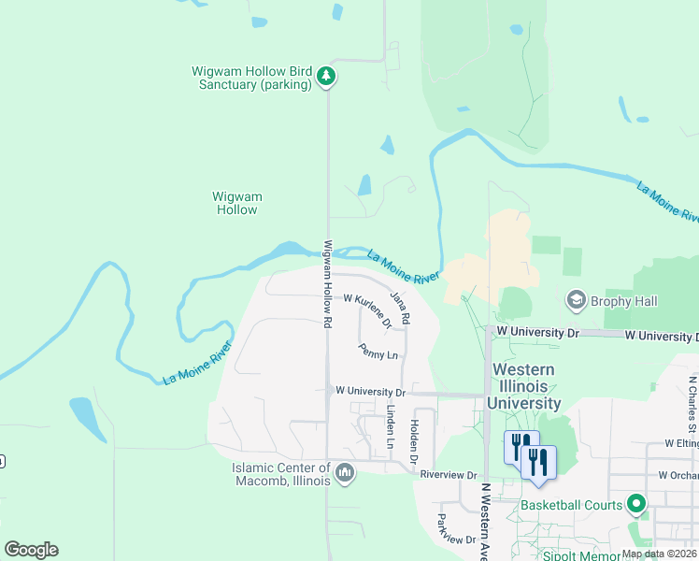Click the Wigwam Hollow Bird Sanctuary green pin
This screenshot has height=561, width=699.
point(325,76)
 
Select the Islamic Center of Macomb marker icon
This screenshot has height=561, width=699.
point(345,474)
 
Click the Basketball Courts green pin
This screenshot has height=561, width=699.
point(636,505)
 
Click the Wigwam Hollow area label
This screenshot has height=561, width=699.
point(237,203)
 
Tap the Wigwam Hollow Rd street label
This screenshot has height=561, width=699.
point(328,284)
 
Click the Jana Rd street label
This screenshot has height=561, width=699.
point(400,308)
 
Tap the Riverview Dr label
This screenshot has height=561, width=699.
point(449,475)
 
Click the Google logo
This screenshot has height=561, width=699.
point(31,550)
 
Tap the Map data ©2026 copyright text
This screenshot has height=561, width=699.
point(660,554)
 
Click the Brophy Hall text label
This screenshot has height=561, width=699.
point(625,301)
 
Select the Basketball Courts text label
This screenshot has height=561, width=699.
point(572,505)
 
